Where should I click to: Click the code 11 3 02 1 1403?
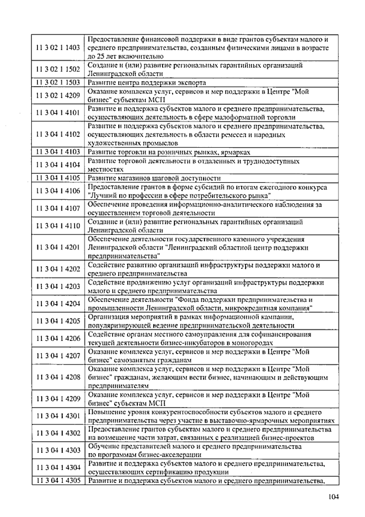58,47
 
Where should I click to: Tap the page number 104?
333,497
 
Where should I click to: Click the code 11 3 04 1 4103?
58,152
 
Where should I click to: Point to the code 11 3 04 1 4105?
58,178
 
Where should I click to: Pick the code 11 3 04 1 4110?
58,226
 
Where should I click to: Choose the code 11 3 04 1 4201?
58,247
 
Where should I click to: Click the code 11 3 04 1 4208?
58,377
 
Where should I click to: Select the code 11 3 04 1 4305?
58,481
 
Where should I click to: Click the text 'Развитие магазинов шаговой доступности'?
154,178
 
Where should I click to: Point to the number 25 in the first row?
100,56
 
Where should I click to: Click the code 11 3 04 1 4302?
58,433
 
